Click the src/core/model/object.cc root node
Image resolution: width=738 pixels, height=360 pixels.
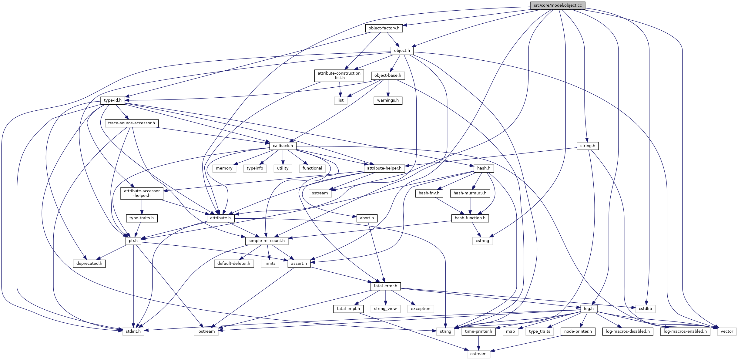pos(558,5)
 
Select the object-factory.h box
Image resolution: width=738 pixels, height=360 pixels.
pos(384,28)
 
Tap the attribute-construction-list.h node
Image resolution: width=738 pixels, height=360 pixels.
pos(339,76)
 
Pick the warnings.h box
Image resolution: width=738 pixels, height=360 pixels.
pos(388,100)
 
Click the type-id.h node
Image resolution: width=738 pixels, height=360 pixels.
pos(112,100)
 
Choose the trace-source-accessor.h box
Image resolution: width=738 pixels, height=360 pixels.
pos(132,123)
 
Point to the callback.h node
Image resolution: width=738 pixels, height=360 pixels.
pos(283,146)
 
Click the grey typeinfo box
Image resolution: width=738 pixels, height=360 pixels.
pos(255,168)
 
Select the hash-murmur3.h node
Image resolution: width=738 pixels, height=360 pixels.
pos(470,193)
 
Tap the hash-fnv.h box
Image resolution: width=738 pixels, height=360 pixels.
pos(429,193)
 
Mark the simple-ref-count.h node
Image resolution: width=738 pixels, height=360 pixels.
pos(267,241)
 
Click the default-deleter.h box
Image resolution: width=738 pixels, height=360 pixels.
pos(234,264)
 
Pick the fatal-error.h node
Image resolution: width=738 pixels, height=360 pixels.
pos(385,286)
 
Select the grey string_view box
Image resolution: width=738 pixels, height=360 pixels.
pos(385,309)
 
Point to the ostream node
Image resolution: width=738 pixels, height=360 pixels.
pos(478,354)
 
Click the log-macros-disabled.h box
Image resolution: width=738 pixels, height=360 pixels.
pos(628,331)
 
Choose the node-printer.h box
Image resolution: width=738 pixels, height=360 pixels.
pos(578,331)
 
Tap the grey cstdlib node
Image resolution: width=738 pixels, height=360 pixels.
pos(645,309)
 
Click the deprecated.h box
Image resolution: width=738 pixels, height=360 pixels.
pos(89,264)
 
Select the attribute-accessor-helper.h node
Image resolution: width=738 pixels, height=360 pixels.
pos(142,193)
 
